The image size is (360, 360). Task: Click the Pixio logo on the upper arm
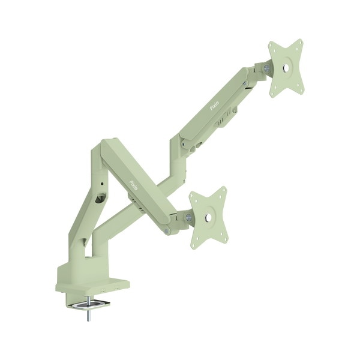click(215, 105)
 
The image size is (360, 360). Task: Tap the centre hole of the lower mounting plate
click(208, 217)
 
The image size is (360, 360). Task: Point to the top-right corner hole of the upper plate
click(299, 45)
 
